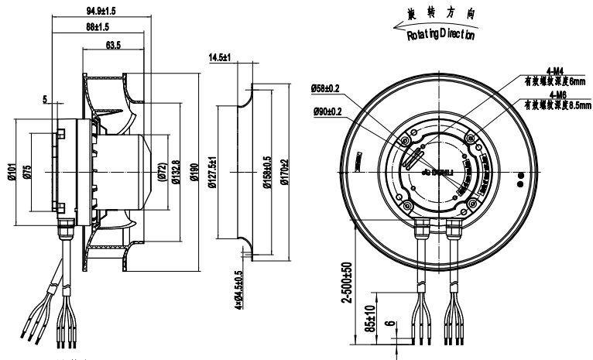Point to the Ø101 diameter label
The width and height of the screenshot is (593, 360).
click(14, 171)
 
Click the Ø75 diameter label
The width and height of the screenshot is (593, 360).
click(28, 171)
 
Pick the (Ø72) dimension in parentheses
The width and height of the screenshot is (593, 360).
click(163, 171)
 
